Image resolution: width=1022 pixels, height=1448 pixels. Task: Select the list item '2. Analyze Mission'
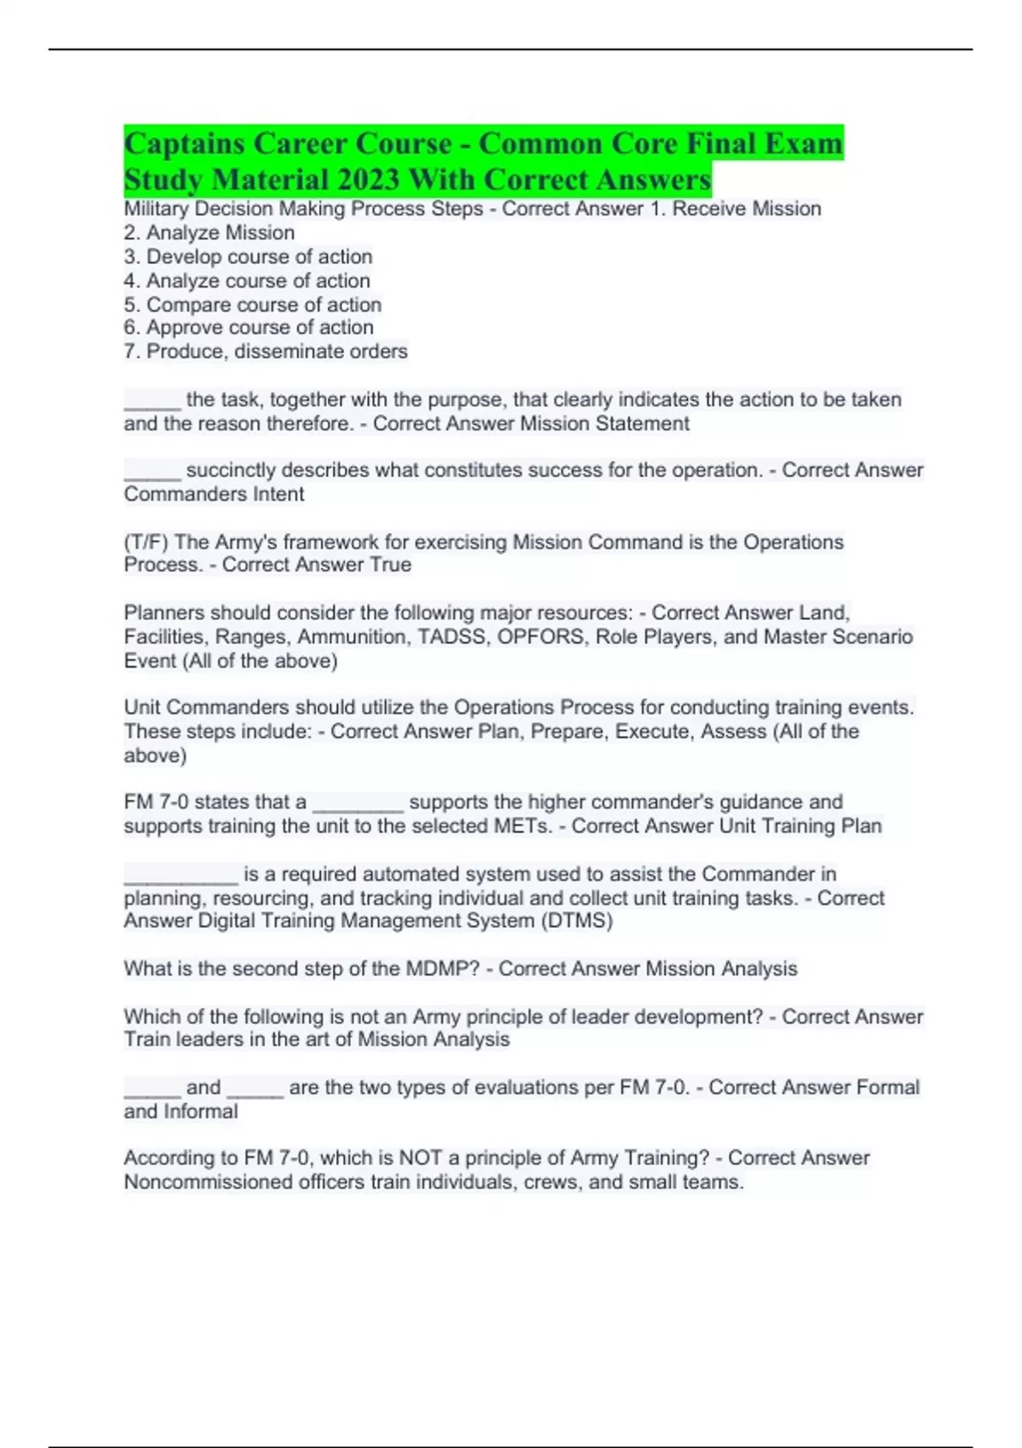[210, 233]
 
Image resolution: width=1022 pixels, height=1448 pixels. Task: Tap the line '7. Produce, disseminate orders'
[266, 351]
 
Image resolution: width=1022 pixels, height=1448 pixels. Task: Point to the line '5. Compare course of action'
[253, 304]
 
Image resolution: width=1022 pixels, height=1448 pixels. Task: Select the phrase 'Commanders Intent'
[214, 494]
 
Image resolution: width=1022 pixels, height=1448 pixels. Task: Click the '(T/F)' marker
[146, 542]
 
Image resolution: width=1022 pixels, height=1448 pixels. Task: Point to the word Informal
[200, 1111]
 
